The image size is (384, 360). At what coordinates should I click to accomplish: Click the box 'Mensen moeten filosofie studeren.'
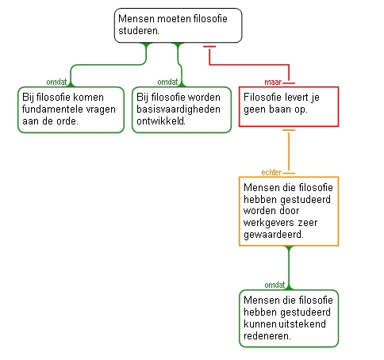click(178, 25)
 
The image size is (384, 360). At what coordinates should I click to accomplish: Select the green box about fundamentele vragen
click(71, 109)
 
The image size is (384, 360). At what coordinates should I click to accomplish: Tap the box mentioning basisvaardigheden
click(182, 109)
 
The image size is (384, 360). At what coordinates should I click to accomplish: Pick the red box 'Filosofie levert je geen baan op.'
click(289, 106)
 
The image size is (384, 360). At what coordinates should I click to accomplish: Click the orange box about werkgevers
click(289, 211)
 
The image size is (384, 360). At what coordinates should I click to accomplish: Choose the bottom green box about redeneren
click(289, 319)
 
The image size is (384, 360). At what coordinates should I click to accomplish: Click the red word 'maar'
click(273, 82)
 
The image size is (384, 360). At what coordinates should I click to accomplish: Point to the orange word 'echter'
click(271, 172)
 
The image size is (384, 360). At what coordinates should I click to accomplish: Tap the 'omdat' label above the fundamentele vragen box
click(56, 82)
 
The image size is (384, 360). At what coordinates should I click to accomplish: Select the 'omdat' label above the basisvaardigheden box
click(167, 82)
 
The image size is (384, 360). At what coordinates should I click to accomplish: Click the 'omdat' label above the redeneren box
click(275, 285)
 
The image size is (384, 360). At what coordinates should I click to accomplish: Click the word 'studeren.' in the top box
click(139, 31)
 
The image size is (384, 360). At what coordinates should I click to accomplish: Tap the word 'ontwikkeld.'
click(161, 121)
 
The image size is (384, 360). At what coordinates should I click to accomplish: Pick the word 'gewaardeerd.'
click(274, 235)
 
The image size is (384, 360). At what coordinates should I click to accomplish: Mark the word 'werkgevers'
click(269, 223)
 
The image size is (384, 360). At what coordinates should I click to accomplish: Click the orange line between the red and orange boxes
click(289, 151)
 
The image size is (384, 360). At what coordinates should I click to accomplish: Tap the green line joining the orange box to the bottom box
click(289, 268)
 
